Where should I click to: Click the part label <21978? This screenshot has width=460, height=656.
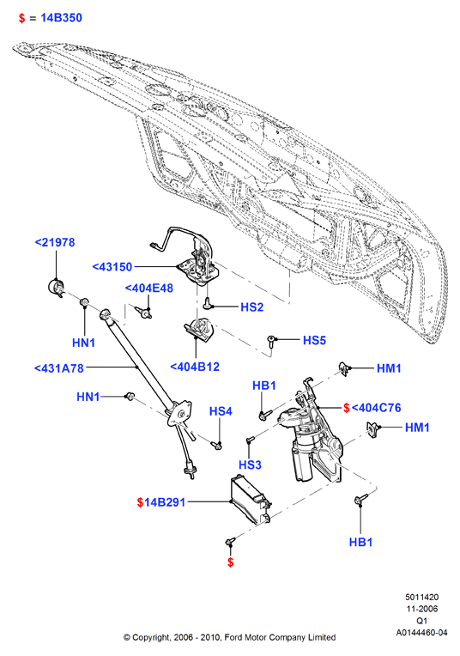click(x=55, y=242)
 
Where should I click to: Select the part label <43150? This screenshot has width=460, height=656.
click(x=112, y=267)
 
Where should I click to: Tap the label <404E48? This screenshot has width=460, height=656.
click(x=148, y=289)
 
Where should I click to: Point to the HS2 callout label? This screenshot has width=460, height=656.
click(x=251, y=307)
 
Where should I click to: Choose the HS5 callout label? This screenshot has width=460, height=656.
click(x=314, y=340)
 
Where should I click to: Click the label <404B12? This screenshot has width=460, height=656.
click(x=195, y=367)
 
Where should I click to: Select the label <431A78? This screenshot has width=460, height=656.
click(x=59, y=368)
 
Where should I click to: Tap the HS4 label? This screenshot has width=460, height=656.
click(x=221, y=411)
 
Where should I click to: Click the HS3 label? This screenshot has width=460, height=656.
click(x=250, y=465)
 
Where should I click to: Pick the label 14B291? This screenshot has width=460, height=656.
click(x=165, y=502)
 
